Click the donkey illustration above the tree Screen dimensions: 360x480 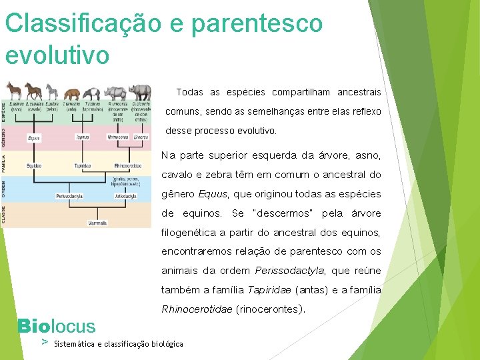click(x=13, y=91)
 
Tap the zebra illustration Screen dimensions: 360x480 click(x=52, y=92)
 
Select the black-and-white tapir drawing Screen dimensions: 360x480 click(x=94, y=93)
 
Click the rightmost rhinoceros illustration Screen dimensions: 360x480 click(x=140, y=91)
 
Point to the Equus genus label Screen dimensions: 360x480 click(x=33, y=138)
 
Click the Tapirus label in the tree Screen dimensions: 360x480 click(x=82, y=137)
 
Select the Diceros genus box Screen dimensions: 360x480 click(x=141, y=137)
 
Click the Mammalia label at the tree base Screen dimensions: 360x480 click(x=97, y=223)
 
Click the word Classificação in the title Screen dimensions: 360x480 click(x=83, y=23)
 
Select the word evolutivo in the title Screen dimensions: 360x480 click(x=57, y=54)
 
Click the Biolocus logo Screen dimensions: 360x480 click(x=57, y=326)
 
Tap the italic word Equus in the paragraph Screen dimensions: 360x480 click(x=212, y=194)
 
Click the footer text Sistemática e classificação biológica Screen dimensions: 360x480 click(x=119, y=343)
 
